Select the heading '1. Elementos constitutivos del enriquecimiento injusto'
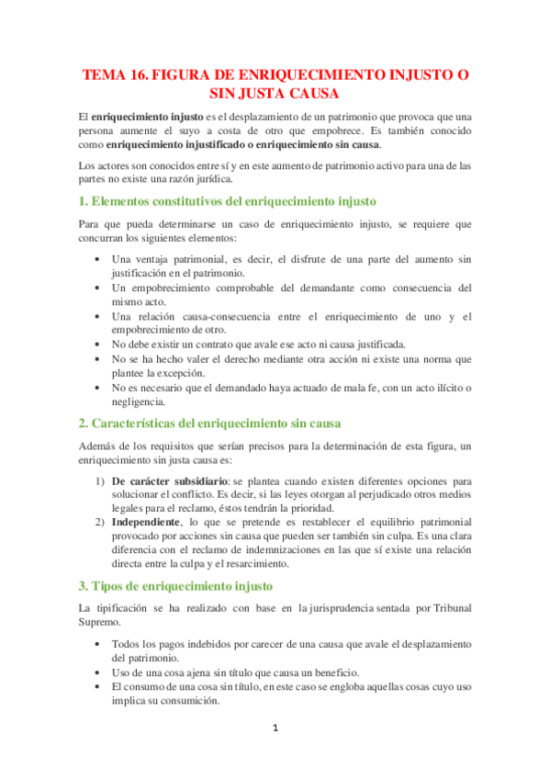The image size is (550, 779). tap(227, 200)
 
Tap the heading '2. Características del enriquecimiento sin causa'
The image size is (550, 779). tap(209, 423)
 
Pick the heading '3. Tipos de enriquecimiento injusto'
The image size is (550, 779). tap(174, 585)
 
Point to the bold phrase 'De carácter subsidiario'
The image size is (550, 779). tap(170, 480)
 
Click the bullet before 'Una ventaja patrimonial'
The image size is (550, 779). tap(99, 259)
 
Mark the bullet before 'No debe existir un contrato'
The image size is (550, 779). tap(99, 344)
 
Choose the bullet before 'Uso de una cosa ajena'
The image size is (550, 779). tap(99, 672)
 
